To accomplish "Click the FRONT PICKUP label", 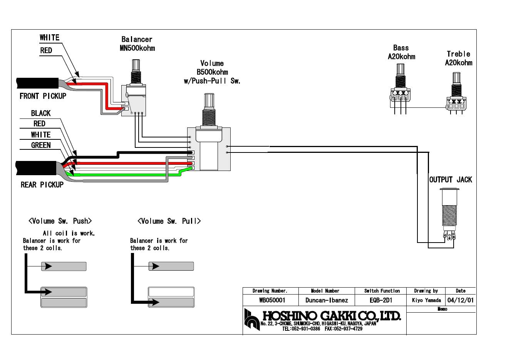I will click(x=43, y=96).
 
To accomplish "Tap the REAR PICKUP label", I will click(x=42, y=185).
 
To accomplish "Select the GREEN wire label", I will click(x=41, y=145).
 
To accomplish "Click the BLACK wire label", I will click(x=41, y=113).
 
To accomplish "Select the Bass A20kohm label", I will click(x=401, y=52).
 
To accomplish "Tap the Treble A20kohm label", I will click(x=458, y=59).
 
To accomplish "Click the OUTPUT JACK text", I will click(x=450, y=180).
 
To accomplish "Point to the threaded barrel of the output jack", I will click(x=449, y=218).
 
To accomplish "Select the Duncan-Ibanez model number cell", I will click(x=326, y=300).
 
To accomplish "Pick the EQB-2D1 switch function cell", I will click(x=381, y=300).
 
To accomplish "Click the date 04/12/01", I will click(x=460, y=300).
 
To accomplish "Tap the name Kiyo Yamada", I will click(x=426, y=300).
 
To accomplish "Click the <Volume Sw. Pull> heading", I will click(x=169, y=221).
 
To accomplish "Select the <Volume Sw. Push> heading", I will click(x=60, y=221).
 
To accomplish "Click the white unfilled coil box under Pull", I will click(x=171, y=292).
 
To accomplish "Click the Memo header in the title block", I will click(x=442, y=309).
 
